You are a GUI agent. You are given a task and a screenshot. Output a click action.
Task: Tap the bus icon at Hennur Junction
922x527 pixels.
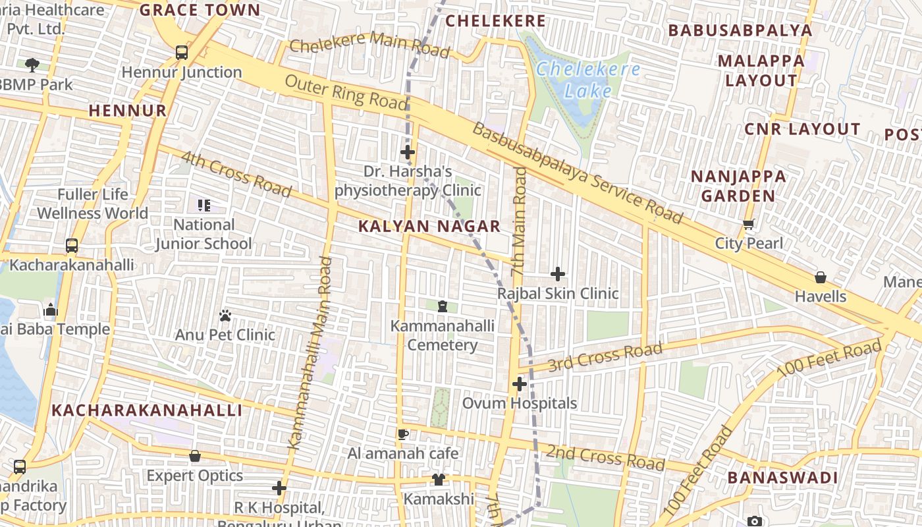click(x=182, y=53)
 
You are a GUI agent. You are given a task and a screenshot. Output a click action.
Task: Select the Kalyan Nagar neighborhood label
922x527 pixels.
click(x=429, y=227)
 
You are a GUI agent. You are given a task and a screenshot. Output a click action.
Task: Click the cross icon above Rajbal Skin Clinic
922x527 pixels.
click(x=558, y=273)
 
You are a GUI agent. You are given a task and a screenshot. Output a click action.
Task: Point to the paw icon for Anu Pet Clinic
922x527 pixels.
click(x=225, y=316)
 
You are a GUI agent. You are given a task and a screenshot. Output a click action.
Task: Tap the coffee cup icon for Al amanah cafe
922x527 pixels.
click(x=403, y=434)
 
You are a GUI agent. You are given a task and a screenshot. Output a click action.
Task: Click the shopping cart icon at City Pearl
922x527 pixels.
click(x=749, y=225)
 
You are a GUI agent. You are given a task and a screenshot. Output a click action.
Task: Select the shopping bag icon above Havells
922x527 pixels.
click(x=820, y=277)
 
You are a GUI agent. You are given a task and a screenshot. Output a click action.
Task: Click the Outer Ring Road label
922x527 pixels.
click(x=346, y=92)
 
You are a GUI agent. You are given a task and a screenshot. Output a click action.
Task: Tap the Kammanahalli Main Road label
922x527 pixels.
click(x=309, y=353)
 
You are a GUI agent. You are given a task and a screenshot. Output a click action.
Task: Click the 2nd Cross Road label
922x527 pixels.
click(x=605, y=457)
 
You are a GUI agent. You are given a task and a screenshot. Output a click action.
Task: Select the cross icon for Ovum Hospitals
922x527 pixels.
click(x=520, y=383)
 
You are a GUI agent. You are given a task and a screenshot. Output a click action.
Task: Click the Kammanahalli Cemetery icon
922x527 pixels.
click(x=442, y=306)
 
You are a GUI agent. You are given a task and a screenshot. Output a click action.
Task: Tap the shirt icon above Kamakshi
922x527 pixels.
click(x=439, y=480)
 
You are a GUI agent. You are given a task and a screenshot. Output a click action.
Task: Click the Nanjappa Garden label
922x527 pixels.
click(x=738, y=186)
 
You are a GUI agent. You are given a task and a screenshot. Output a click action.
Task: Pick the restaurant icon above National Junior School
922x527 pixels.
click(x=204, y=206)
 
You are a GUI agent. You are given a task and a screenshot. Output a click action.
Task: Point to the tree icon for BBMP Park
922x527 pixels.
click(x=32, y=65)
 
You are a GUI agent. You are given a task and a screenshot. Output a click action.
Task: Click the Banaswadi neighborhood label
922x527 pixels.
click(x=782, y=478)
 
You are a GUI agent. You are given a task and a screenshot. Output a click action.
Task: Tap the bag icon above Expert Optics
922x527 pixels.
click(x=195, y=456)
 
